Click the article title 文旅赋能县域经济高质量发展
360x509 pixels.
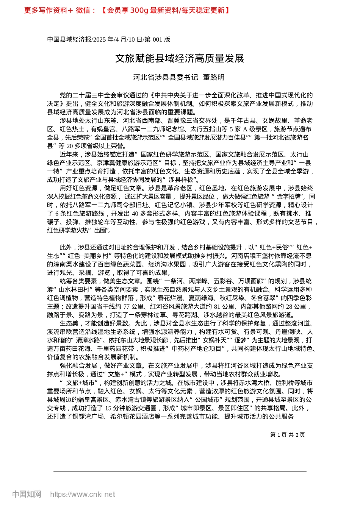click(180, 58)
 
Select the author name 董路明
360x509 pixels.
click(214, 77)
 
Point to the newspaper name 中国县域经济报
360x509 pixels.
click(69, 39)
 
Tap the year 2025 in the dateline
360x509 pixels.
click(100, 39)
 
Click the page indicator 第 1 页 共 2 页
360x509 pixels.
click(287, 435)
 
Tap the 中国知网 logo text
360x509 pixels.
click(27, 494)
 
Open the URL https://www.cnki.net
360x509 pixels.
click(83, 494)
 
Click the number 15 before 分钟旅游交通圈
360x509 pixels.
click(108, 408)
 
